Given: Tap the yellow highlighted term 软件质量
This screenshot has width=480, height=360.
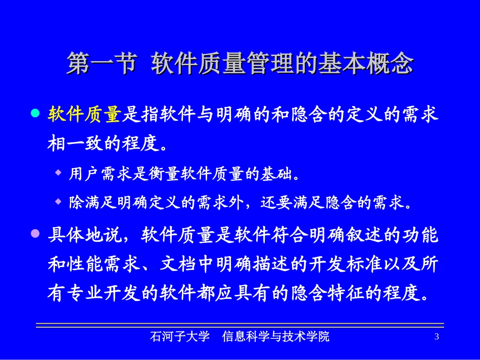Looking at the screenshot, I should coord(84,115).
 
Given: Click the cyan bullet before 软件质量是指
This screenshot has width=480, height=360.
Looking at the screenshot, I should coord(35,114).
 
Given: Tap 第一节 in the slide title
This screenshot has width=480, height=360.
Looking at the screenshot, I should coord(101,64).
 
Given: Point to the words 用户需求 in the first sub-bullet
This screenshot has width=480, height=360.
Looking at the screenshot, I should coord(94,174).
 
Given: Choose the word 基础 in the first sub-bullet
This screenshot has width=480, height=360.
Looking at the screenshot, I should coord(277,174).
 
